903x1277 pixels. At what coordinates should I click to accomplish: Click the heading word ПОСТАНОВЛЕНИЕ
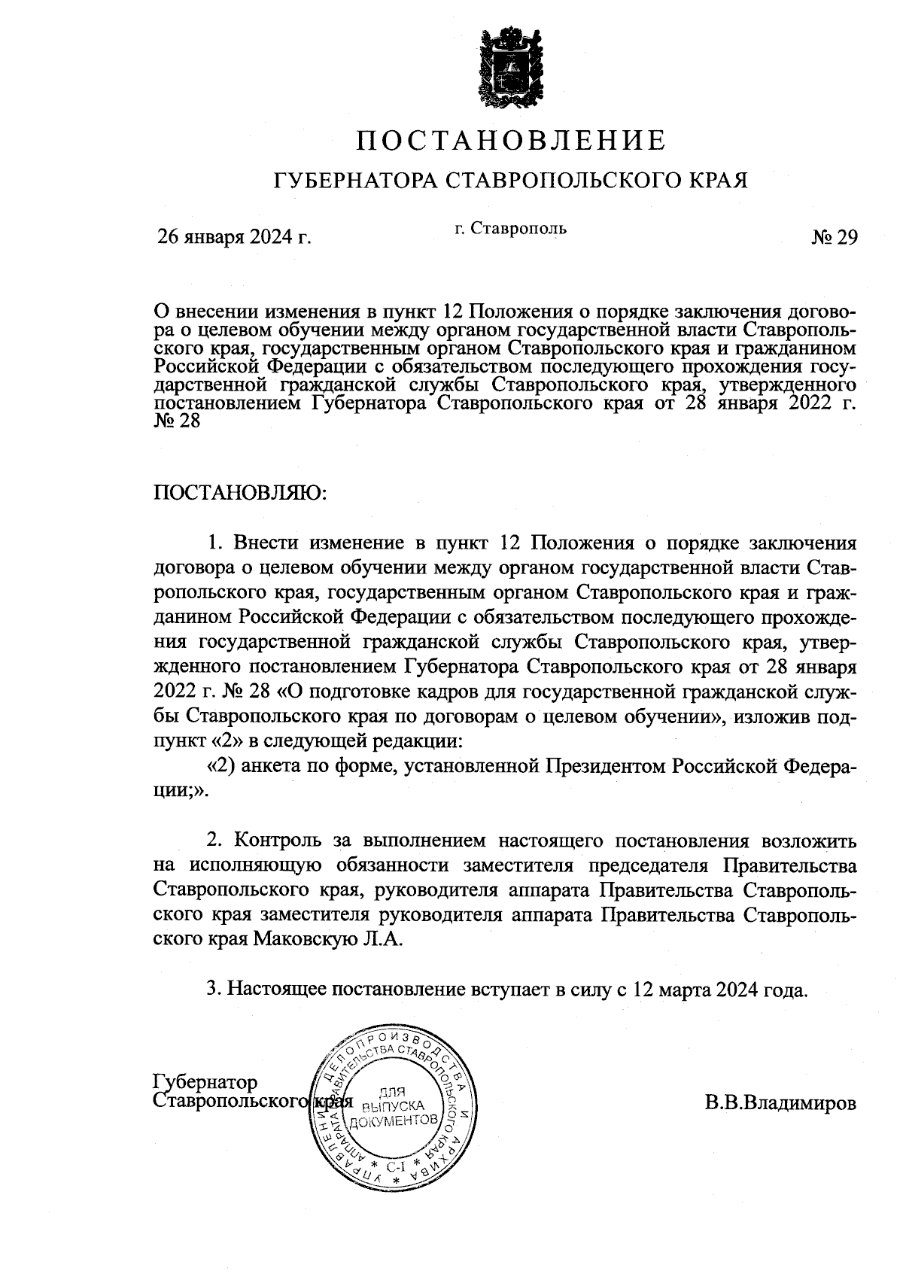coord(511,141)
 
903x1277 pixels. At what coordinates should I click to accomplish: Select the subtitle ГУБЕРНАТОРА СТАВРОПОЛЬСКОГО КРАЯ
coord(511,181)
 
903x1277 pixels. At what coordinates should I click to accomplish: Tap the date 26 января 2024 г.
coord(234,238)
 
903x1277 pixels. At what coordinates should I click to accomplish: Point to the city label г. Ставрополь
coord(510,227)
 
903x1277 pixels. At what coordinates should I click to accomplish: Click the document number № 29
coord(835,238)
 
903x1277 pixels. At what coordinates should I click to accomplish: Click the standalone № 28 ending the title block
coord(178,422)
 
